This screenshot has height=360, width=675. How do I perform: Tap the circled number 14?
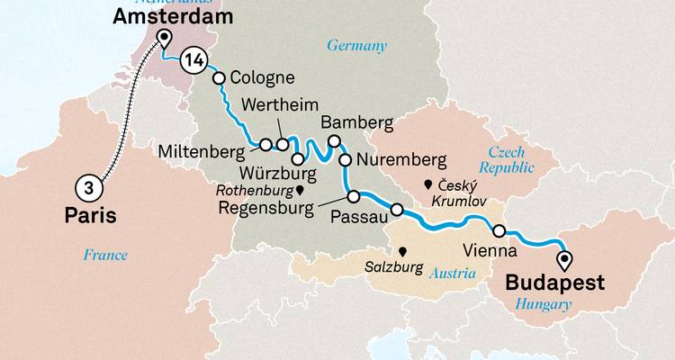[193, 59]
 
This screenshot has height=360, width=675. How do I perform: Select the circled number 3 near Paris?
[88, 186]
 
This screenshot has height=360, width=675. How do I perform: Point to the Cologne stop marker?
[218, 78]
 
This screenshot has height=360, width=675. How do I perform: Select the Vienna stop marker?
[499, 229]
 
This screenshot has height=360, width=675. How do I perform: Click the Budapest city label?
[554, 282]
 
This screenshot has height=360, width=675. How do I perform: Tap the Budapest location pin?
[564, 260]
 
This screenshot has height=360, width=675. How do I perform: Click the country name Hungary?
[543, 304]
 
